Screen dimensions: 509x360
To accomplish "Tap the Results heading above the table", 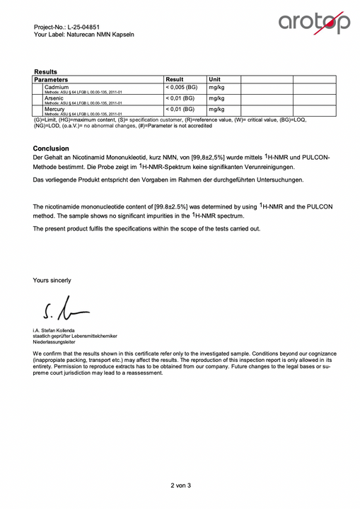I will [x=45, y=71].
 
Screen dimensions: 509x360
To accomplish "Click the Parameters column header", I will [x=56, y=79].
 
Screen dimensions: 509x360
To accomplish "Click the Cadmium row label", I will [x=57, y=87].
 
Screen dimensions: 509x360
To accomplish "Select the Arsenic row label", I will [x=54, y=98].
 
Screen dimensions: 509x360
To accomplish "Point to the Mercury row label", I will [x=55, y=110].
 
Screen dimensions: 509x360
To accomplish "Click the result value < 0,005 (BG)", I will [x=182, y=87].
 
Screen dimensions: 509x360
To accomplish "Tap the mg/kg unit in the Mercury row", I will [x=216, y=110].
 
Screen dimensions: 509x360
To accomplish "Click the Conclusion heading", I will [x=51, y=148].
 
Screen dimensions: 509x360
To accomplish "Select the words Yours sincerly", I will [x=52, y=280].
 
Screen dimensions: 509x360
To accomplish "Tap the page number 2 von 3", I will [x=180, y=485].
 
